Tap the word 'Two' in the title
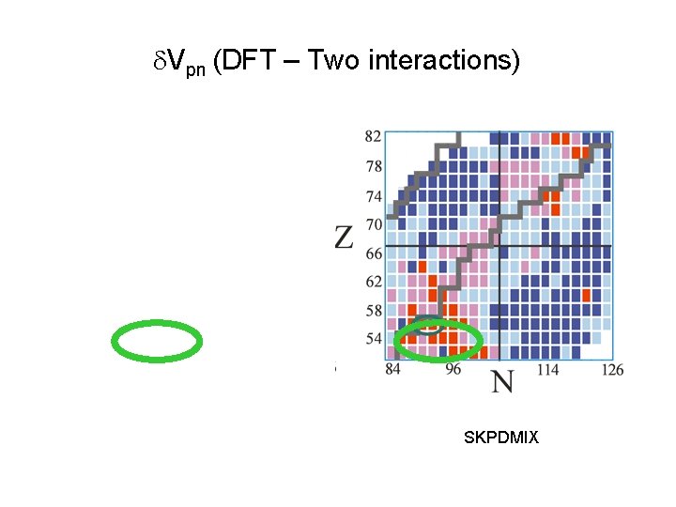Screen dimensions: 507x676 335,61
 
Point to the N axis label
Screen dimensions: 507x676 503,382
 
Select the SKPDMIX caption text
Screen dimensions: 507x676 501,438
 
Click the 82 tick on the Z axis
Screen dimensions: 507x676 373,137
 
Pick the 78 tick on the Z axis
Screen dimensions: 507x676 373,167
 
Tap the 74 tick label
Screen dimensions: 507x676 373,197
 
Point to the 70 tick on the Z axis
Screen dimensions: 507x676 373,225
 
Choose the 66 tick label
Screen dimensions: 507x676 373,253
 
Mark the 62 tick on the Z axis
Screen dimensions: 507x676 373,281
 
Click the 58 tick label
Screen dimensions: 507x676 373,310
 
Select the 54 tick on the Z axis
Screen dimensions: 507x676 373,338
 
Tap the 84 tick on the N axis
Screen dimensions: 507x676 392,370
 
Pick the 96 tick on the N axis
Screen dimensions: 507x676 453,370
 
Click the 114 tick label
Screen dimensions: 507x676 547,370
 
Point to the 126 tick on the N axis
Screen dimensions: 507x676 612,370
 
